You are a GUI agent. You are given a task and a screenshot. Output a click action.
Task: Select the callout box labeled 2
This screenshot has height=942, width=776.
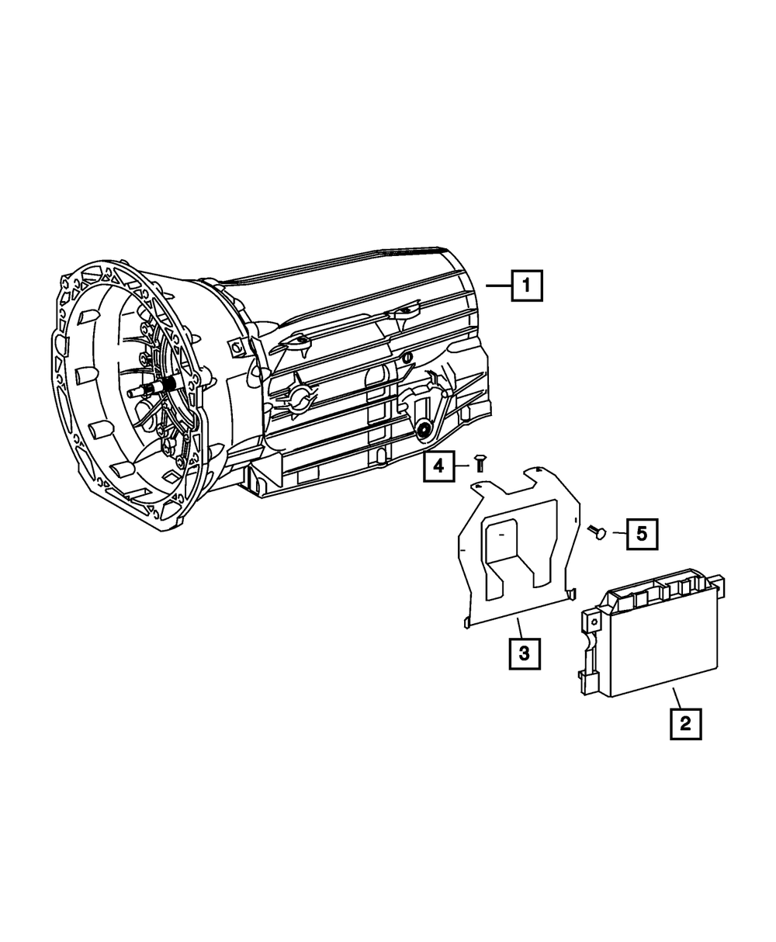coord(684,723)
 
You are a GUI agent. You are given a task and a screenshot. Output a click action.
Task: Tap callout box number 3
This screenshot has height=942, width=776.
coord(524,653)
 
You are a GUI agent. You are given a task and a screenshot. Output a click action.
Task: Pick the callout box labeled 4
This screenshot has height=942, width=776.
coord(439,466)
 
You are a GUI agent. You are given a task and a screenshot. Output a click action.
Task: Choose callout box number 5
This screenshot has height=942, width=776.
coord(642,533)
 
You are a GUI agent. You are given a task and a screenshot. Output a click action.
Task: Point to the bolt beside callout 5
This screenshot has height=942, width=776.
coord(599,532)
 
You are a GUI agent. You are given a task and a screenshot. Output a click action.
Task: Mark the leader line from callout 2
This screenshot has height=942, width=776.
coord(677,697)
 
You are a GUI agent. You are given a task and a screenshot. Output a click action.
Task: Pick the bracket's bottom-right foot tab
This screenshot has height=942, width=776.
coord(572,594)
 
